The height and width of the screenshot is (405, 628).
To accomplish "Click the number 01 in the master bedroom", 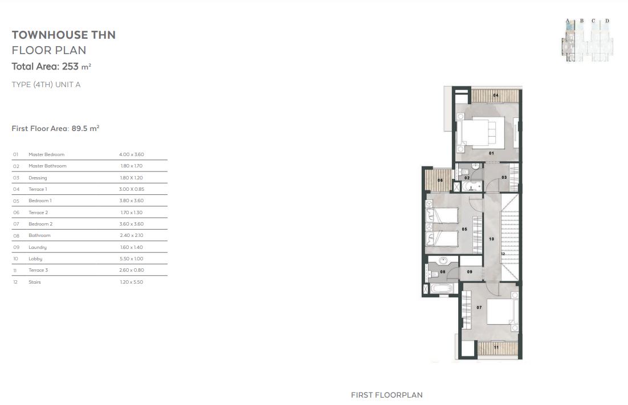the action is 491,153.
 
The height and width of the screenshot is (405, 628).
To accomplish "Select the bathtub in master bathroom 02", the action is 472,186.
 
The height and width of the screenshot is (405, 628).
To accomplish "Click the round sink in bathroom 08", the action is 443,261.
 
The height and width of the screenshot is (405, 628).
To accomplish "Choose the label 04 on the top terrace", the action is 496,95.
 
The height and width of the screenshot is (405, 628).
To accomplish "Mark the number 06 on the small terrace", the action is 440,181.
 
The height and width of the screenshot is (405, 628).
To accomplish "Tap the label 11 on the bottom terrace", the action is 496,347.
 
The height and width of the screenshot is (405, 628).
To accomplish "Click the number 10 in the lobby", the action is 491,239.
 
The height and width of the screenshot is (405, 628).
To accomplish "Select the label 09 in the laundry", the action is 470,272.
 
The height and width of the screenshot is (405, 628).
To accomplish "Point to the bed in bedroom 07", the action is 500,312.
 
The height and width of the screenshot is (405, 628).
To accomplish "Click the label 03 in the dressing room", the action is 504,177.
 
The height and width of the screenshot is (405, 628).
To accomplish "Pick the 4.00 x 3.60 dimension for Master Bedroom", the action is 132,154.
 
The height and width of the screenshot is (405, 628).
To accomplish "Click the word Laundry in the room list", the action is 38,247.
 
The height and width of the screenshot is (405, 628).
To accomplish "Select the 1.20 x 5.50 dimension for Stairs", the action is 132,282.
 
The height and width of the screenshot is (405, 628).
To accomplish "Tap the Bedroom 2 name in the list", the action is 40,224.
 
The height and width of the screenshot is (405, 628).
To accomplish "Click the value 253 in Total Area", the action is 70,67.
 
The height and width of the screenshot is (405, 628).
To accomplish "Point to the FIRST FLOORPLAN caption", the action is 386,395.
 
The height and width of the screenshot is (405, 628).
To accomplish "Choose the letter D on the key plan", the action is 607,21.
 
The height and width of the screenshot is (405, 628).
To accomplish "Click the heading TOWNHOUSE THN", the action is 64,35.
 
